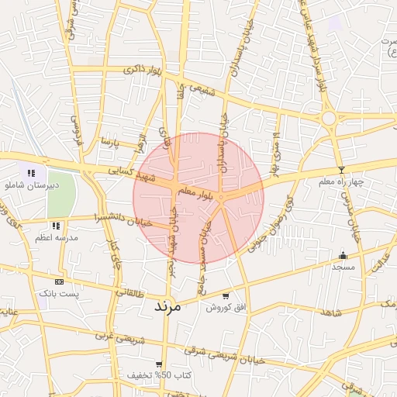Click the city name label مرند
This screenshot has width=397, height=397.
pyautogui.click(x=167, y=305)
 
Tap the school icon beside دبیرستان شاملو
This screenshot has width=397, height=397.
pyautogui.click(x=31, y=173)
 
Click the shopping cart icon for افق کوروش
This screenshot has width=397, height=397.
pyautogui.click(x=225, y=295)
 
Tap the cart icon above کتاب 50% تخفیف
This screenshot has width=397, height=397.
pyautogui.click(x=159, y=364)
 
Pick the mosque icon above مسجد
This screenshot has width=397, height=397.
pyautogui.click(x=343, y=255)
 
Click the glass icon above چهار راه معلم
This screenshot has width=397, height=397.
pyautogui.click(x=340, y=169)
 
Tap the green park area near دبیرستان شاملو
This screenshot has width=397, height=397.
pyautogui.click(x=62, y=195)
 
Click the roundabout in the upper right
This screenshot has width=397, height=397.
pyautogui.click(x=329, y=118)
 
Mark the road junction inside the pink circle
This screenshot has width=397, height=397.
pyautogui.click(x=222, y=198)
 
